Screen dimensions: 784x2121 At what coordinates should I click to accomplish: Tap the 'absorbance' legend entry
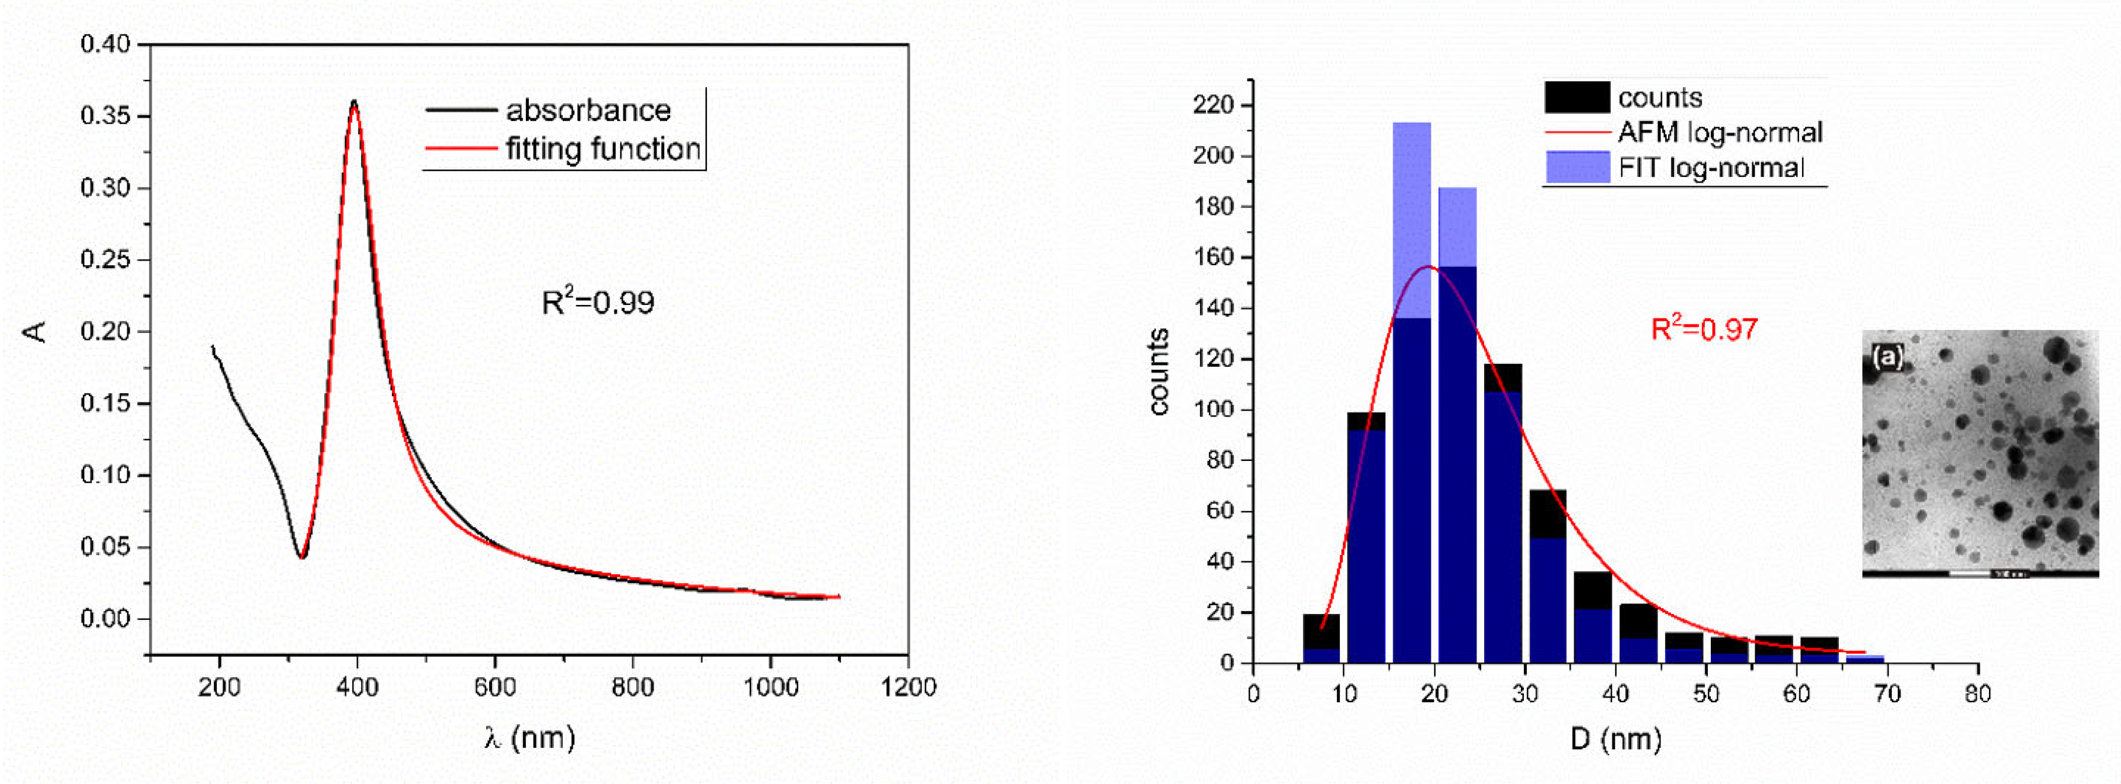click(588, 109)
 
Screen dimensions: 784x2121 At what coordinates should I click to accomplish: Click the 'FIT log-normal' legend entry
click(1711, 168)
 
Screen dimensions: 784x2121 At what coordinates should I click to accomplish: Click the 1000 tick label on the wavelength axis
click(770, 687)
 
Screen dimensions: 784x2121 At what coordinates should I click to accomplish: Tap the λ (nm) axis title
click(529, 737)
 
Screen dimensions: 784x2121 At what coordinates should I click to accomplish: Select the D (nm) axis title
click(1616, 738)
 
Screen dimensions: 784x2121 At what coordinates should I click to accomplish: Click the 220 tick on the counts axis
click(1214, 105)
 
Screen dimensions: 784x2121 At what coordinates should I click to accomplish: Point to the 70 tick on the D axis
click(1887, 693)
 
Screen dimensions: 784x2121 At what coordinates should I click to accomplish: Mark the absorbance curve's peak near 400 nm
click(354, 102)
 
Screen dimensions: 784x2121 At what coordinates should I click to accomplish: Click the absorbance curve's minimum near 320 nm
click(302, 557)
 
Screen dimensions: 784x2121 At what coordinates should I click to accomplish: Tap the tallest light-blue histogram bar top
click(1411, 123)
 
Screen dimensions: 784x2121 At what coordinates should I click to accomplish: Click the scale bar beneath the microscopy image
click(1980, 573)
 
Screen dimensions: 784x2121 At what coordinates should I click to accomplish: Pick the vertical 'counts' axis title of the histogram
click(1159, 372)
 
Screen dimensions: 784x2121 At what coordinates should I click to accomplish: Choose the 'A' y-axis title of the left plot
click(34, 332)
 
